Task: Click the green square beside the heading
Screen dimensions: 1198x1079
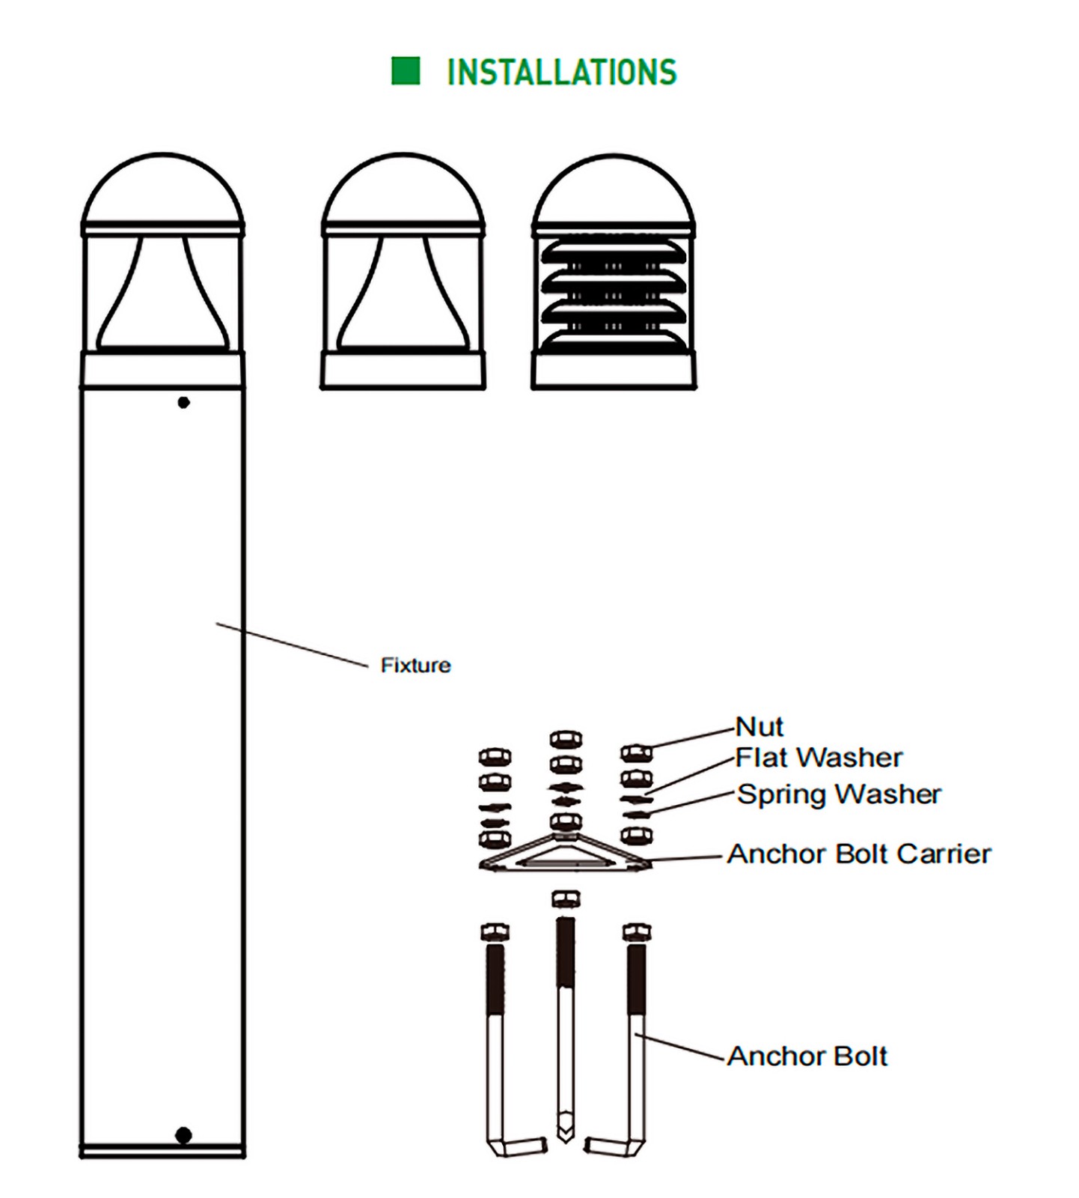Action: click(406, 71)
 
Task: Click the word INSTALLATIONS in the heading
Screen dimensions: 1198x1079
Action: click(561, 73)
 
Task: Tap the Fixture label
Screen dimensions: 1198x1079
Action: click(415, 665)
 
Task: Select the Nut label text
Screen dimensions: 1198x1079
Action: click(759, 726)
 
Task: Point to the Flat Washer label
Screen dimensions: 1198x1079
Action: click(819, 758)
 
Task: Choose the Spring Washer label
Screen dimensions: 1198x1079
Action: click(839, 794)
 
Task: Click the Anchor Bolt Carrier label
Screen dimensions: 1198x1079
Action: click(859, 854)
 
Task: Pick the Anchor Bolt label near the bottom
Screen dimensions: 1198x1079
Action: click(807, 1056)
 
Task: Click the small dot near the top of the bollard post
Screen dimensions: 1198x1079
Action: click(183, 403)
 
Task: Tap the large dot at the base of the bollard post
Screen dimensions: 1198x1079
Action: click(183, 1135)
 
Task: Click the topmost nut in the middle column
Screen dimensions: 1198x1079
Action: click(566, 740)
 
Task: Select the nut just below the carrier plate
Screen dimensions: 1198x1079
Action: click(565, 898)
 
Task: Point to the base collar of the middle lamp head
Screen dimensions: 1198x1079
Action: click(403, 370)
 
